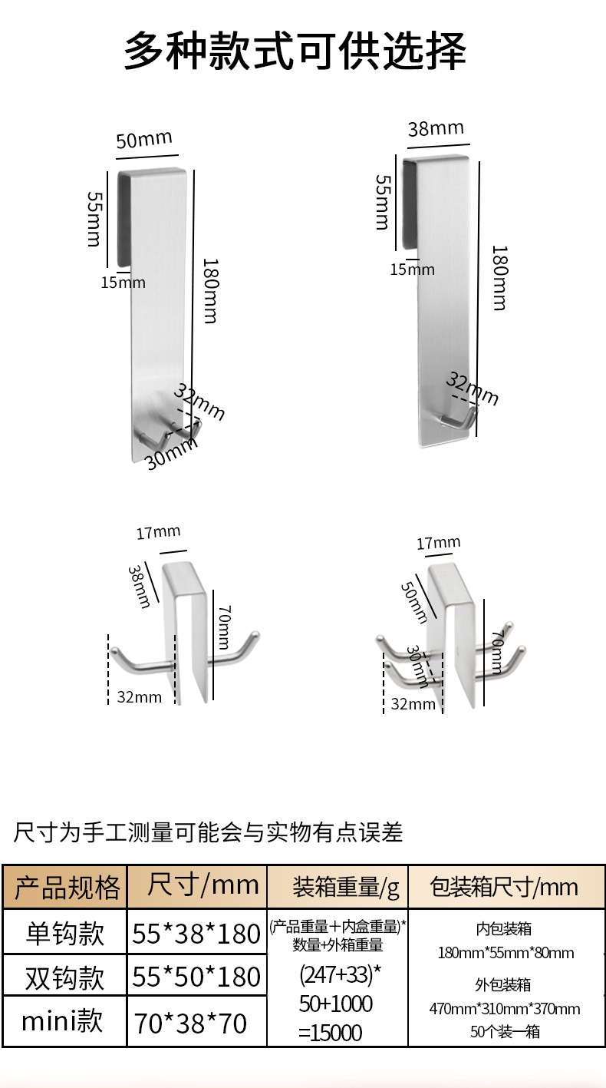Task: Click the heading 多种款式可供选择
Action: (295, 52)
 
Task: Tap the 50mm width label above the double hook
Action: (144, 141)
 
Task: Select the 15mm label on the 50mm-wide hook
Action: (123, 282)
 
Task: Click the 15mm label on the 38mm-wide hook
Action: (412, 269)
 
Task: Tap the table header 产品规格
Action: (67, 887)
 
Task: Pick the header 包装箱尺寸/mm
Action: (504, 888)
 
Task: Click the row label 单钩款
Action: (65, 933)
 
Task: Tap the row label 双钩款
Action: (65, 977)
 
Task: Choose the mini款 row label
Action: (62, 1021)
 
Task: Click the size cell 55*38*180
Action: (196, 934)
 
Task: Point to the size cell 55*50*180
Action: (196, 977)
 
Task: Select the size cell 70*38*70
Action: (191, 1023)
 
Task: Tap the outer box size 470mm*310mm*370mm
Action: (504, 1008)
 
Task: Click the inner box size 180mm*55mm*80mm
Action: (506, 953)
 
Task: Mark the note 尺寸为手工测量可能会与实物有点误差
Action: (208, 832)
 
